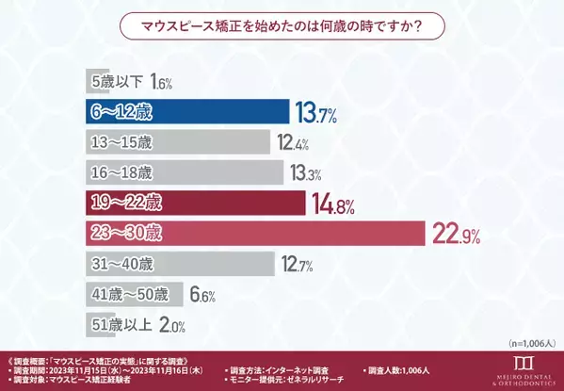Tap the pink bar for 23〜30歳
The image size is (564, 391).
tap(253, 233)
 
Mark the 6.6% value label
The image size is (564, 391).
tap(202, 295)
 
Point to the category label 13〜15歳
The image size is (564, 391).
tap(121, 143)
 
